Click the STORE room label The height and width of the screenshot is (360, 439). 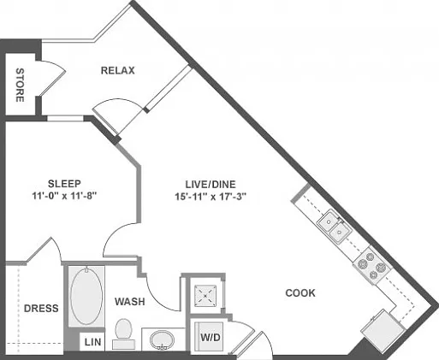coord(20,85)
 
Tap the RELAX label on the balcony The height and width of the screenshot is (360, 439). coord(117,70)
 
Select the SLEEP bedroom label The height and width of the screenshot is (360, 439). coord(64,183)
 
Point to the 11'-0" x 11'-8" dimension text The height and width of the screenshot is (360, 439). coord(64,196)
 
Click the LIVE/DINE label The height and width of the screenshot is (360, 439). coord(211,185)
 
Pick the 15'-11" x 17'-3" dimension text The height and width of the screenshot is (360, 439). coord(211,197)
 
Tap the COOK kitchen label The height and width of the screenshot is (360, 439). coord(300,293)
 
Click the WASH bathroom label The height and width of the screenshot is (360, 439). coord(130,302)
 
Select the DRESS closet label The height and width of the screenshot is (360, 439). coord(41,308)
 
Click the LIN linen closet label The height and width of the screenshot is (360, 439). coord(93,342)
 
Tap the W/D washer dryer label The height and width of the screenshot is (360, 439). coord(211,338)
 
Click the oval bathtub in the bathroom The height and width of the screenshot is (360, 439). coord(86,296)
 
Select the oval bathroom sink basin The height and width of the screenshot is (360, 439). coord(162,339)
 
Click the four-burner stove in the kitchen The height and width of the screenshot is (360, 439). coord(372,266)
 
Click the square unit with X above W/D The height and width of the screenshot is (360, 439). coord(205,296)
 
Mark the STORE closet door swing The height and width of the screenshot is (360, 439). coord(53,77)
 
